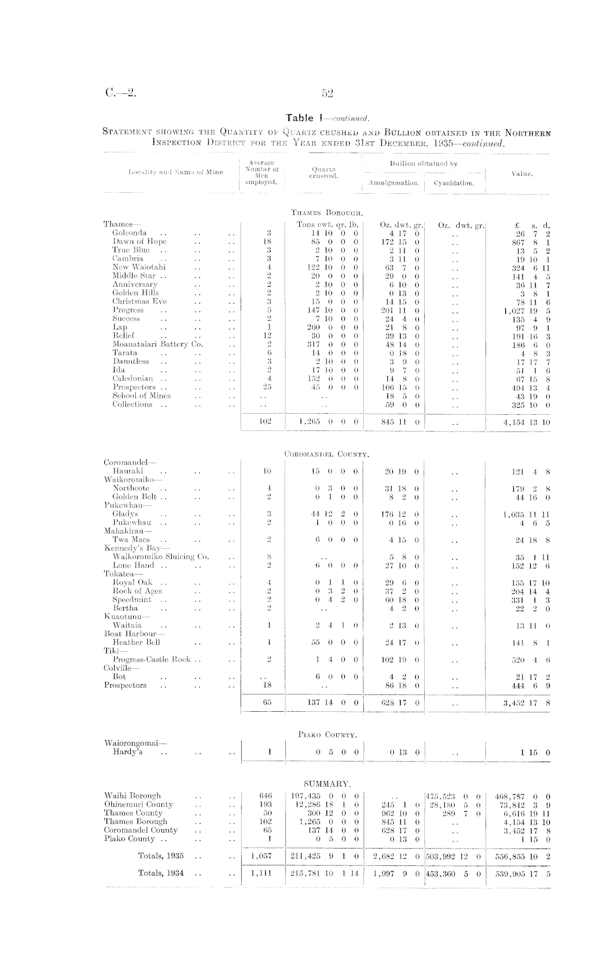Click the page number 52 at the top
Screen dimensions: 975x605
point(327,93)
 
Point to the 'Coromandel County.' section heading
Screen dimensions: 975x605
point(327,453)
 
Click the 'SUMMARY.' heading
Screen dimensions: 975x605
point(327,783)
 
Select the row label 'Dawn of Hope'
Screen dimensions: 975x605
point(140,241)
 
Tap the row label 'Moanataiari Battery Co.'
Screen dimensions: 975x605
point(157,344)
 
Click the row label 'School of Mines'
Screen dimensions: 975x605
point(141,396)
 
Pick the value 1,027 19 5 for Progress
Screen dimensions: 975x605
point(526,310)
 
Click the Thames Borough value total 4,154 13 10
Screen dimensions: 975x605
point(526,421)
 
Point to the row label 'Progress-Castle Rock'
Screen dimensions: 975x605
point(152,659)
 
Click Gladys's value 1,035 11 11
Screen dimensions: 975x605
point(526,514)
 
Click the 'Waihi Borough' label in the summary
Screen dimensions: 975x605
point(133,795)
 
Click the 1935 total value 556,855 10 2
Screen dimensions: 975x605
point(524,856)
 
